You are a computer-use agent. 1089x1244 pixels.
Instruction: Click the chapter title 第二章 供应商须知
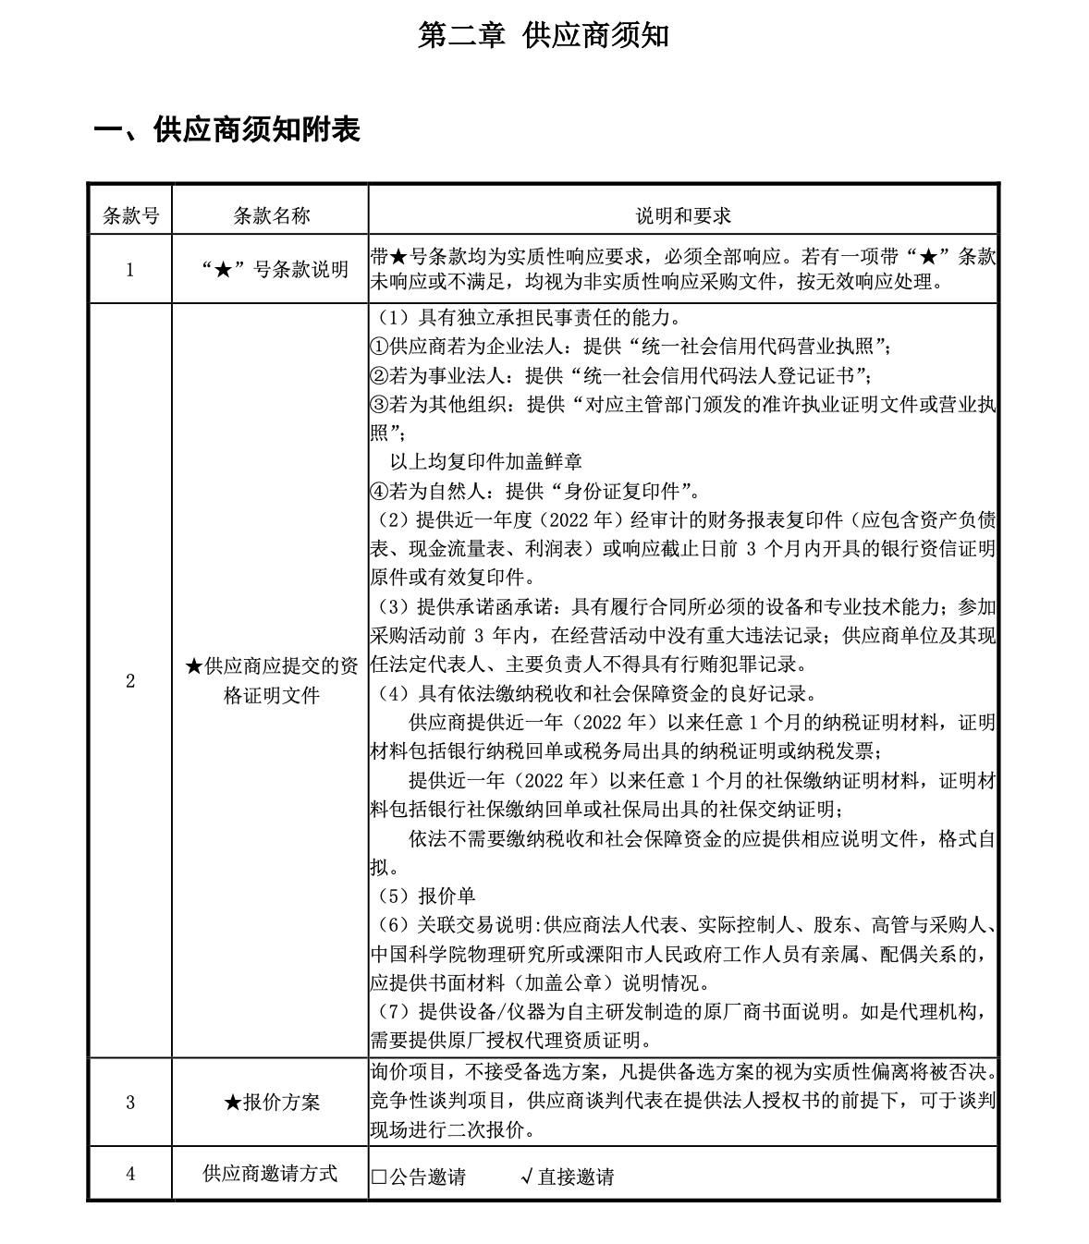pos(543,35)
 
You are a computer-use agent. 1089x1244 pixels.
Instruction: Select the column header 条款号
pos(129,215)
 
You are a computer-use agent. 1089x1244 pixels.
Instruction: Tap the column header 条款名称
pos(271,215)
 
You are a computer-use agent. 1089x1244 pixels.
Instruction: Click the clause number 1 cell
pos(129,270)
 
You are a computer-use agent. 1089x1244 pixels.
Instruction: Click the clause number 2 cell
pos(129,681)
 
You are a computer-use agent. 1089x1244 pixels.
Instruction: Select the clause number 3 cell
pos(129,1102)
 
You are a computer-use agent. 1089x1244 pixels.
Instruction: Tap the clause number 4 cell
pos(129,1174)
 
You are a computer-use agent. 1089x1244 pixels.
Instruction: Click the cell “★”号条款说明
pos(271,270)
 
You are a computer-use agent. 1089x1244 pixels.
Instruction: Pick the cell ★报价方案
pos(271,1102)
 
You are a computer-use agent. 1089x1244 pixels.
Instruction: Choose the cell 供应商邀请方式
pos(271,1174)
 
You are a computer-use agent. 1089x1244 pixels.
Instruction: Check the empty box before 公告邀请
pos(378,1177)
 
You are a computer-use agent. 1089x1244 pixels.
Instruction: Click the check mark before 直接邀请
pos(525,1177)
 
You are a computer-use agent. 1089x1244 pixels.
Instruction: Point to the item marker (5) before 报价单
pos(392,896)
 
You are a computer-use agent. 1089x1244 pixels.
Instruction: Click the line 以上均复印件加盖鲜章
pos(485,460)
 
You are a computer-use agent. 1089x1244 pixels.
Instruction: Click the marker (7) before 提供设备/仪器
pos(392,1011)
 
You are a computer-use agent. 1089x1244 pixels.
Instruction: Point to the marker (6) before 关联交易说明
pos(392,925)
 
